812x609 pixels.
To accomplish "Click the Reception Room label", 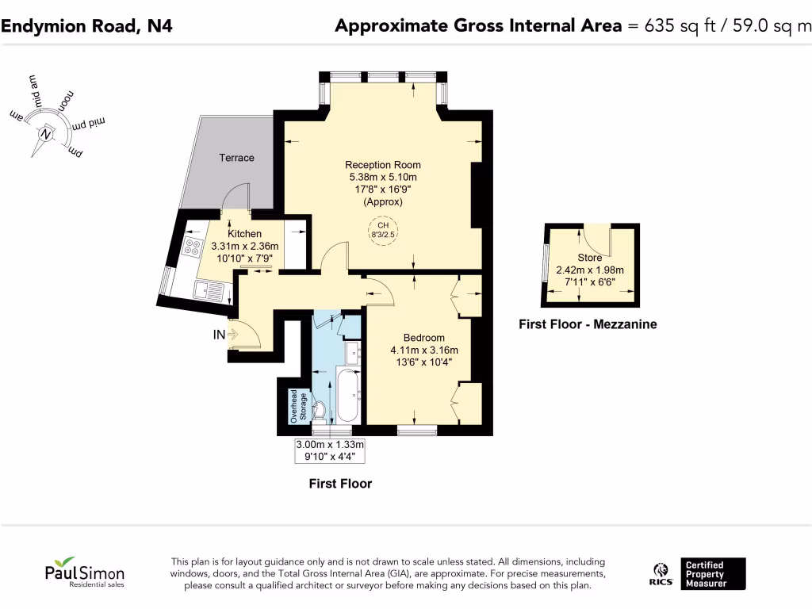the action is coord(383,165).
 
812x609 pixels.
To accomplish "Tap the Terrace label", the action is coord(236,158).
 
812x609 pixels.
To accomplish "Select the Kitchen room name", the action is coord(244,234).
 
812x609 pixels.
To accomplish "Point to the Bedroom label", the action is coord(424,338).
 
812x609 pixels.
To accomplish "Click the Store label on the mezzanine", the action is coord(590,258).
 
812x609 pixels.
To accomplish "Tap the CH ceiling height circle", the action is coord(383,230).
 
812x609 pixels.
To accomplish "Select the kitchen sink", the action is coord(209,290).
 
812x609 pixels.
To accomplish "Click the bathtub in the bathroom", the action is coord(347,395).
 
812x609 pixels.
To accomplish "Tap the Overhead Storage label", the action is coord(298,407).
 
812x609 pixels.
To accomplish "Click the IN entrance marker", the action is coord(219,335).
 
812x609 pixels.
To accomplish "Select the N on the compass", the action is coord(46,135).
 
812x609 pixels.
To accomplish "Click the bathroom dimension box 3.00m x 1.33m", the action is coord(330,450).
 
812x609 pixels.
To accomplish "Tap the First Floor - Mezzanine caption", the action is coord(588,324).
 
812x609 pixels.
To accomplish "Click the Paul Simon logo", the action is coord(85,573).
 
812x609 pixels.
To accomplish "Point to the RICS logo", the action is coord(661,574).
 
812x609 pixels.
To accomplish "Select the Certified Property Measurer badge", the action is coord(713,574).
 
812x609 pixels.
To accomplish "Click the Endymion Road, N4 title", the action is coord(86,26).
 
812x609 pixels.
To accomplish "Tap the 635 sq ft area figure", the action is coord(680,26).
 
